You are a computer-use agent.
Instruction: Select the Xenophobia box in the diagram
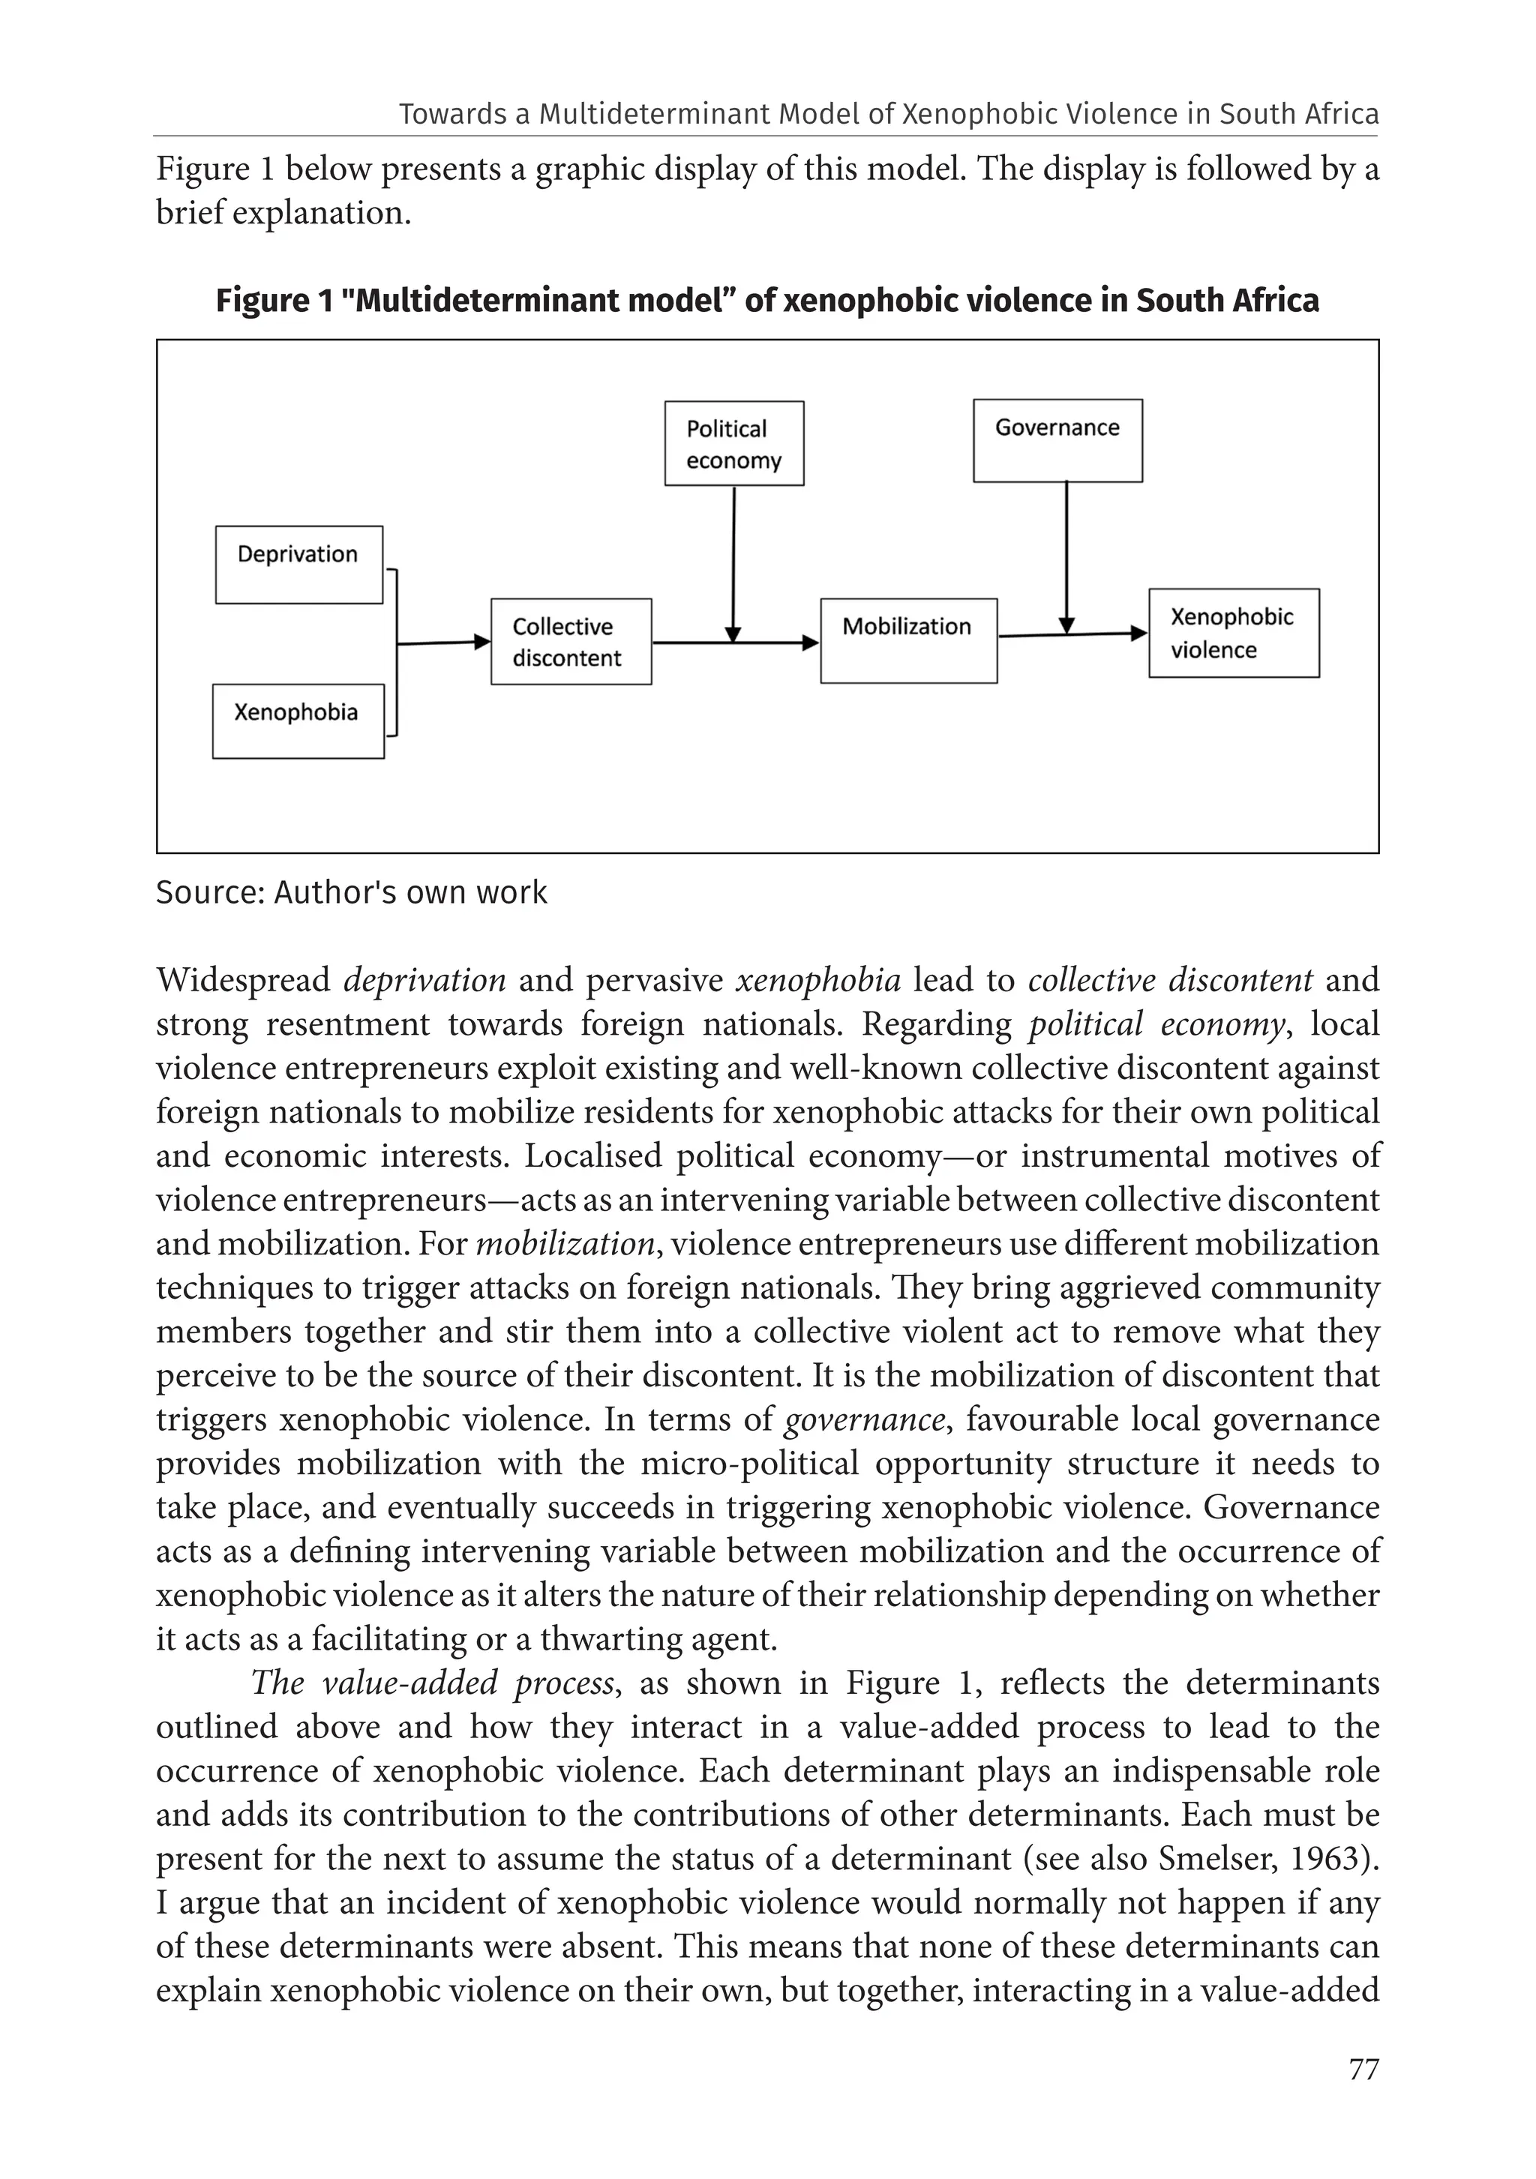pyautogui.click(x=298, y=721)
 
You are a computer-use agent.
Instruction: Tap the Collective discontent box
pyautogui.click(x=571, y=642)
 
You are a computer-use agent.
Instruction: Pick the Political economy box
pyautogui.click(x=733, y=443)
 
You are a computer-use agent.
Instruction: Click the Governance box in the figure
pyautogui.click(x=1057, y=440)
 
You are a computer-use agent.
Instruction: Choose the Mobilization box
pyautogui.click(x=908, y=640)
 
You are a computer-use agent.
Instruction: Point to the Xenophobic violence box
pyautogui.click(x=1233, y=633)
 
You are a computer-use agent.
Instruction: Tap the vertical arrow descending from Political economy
pyautogui.click(x=733, y=560)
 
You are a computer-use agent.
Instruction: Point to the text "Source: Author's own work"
pyautogui.click(x=351, y=893)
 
